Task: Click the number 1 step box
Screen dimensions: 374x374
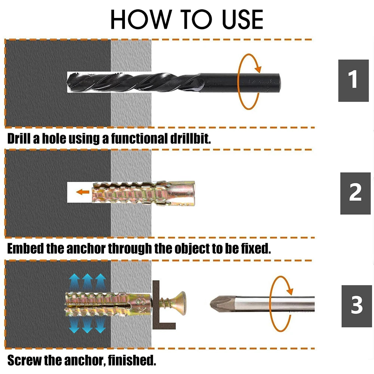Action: pos(353,80)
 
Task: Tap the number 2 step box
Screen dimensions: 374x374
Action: pos(355,193)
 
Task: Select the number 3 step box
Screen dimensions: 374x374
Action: pos(356,306)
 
